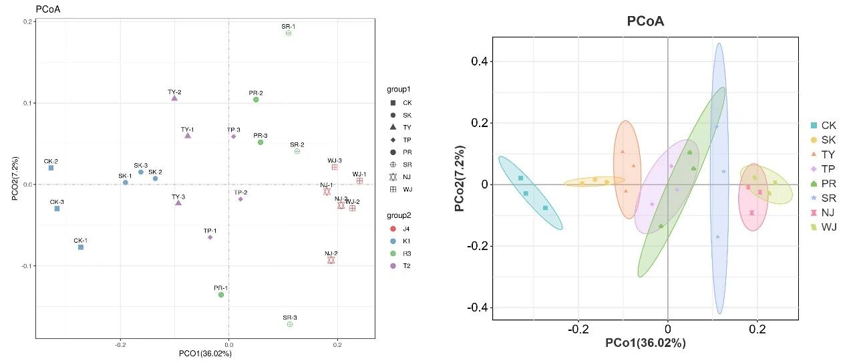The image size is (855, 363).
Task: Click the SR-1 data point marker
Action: tap(289, 33)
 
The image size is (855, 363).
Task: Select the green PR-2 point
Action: tap(256, 100)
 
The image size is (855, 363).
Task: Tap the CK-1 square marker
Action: tap(81, 247)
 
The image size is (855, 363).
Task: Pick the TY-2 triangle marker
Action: tap(174, 98)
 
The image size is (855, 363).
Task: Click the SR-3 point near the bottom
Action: tap(290, 324)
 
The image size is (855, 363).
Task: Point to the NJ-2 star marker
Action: tap(331, 260)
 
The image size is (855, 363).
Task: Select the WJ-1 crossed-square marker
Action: tap(359, 181)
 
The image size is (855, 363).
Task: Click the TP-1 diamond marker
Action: tap(210, 238)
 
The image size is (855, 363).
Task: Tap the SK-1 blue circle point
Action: tap(125, 183)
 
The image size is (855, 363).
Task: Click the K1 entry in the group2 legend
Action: tap(400, 241)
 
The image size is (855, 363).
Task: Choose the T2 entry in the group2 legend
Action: tap(400, 266)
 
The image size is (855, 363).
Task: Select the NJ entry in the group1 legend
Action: tap(400, 177)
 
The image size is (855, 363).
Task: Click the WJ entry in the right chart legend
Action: tap(824, 227)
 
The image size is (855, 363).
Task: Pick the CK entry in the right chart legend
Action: tap(823, 125)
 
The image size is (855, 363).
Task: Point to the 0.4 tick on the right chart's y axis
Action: tap(479, 61)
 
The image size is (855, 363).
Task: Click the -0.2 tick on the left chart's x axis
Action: tap(120, 345)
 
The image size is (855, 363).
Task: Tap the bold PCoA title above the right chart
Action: tap(645, 21)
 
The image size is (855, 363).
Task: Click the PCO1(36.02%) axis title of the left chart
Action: tap(205, 354)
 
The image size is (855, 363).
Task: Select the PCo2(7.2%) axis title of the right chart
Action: tap(460, 178)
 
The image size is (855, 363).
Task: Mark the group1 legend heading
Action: tap(399, 90)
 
